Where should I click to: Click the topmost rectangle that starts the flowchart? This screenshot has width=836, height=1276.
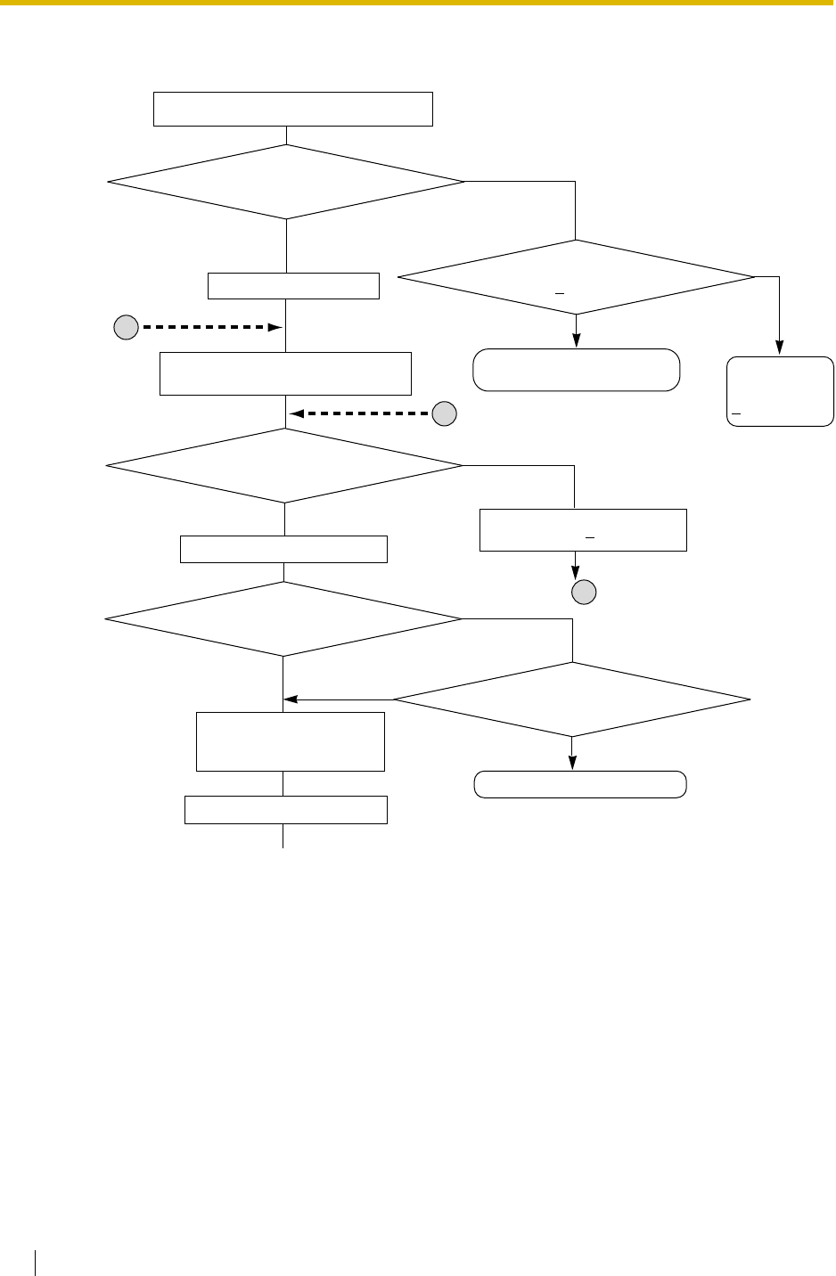[x=293, y=109]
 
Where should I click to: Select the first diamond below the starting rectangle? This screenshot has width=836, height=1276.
[x=286, y=182]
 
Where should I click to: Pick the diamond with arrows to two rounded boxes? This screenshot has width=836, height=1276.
[x=576, y=277]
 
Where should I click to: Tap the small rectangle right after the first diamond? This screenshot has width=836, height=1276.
[x=293, y=286]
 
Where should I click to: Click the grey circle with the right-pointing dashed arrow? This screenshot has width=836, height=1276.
[x=126, y=328]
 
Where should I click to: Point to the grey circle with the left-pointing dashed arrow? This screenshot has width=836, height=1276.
[x=445, y=413]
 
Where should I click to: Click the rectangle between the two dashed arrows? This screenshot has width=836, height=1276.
[x=285, y=373]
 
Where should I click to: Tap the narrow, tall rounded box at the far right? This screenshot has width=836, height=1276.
[x=780, y=392]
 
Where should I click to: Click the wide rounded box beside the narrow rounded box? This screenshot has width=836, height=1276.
[x=576, y=370]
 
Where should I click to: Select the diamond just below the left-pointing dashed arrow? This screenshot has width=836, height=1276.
[x=284, y=466]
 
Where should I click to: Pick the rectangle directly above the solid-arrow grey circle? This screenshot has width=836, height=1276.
[x=583, y=530]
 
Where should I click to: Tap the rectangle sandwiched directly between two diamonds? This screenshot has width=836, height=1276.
[x=283, y=549]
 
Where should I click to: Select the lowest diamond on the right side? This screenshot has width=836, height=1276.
[x=571, y=699]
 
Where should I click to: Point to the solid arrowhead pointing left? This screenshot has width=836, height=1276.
[x=290, y=699]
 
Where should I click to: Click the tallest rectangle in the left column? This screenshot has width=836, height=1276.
[x=290, y=740]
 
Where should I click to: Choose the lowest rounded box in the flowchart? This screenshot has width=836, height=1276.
[x=580, y=784]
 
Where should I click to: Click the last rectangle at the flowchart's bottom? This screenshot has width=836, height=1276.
[x=285, y=810]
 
